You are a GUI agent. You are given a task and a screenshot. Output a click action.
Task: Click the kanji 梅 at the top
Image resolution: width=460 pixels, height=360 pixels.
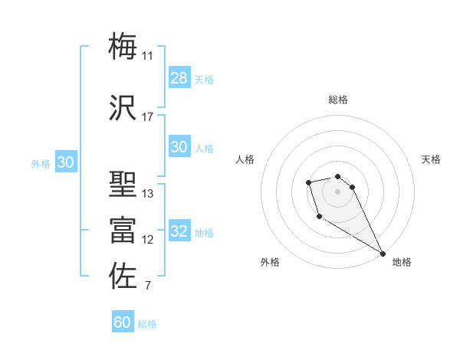coord(123,46)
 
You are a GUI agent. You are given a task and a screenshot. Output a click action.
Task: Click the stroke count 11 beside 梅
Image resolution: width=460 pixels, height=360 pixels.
coord(147,56)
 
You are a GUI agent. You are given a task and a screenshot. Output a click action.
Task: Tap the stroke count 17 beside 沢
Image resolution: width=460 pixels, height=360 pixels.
coord(147,117)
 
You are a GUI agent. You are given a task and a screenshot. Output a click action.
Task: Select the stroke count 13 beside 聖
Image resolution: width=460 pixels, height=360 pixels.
coord(147,194)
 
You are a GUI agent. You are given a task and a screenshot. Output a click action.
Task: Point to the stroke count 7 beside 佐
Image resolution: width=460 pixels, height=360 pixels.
coord(147,286)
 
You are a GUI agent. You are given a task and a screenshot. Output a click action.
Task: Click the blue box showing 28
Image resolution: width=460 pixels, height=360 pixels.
coord(179,78)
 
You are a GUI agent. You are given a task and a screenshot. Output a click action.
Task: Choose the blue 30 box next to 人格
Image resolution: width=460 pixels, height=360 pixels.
coord(179,148)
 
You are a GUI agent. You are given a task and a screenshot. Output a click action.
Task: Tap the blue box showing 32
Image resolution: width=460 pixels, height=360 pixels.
coord(179,232)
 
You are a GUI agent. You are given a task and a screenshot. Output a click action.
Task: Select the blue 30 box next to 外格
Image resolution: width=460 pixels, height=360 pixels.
coord(65,162)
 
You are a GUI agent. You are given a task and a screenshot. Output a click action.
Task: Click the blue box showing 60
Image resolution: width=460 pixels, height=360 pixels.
coord(123,323)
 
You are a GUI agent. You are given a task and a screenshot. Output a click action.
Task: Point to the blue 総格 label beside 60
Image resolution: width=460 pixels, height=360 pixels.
coord(147,324)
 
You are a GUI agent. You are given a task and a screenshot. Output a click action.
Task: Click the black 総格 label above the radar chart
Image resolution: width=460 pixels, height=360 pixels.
coord(337,100)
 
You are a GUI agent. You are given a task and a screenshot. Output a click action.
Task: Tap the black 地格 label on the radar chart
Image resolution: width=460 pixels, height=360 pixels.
coord(402,262)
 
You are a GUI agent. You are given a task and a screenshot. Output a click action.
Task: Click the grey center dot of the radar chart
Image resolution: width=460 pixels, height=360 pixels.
coord(337,191)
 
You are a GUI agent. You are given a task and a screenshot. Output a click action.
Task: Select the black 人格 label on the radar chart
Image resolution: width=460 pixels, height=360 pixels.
coord(245,159)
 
